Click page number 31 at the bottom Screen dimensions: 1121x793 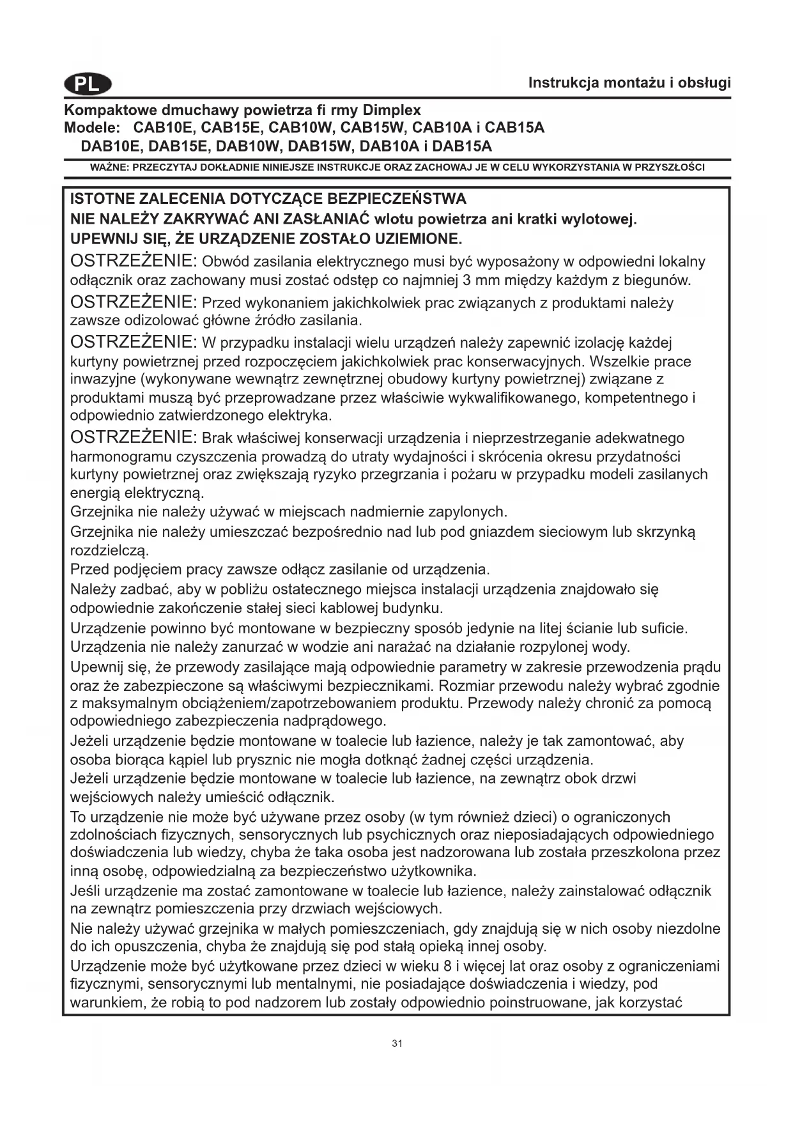tap(397, 1044)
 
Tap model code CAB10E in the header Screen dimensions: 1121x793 tap(164, 128)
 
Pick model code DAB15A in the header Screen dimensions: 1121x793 tap(462, 146)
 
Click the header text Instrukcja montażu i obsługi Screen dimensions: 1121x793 tap(629, 82)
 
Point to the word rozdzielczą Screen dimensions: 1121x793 tap(109, 550)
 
